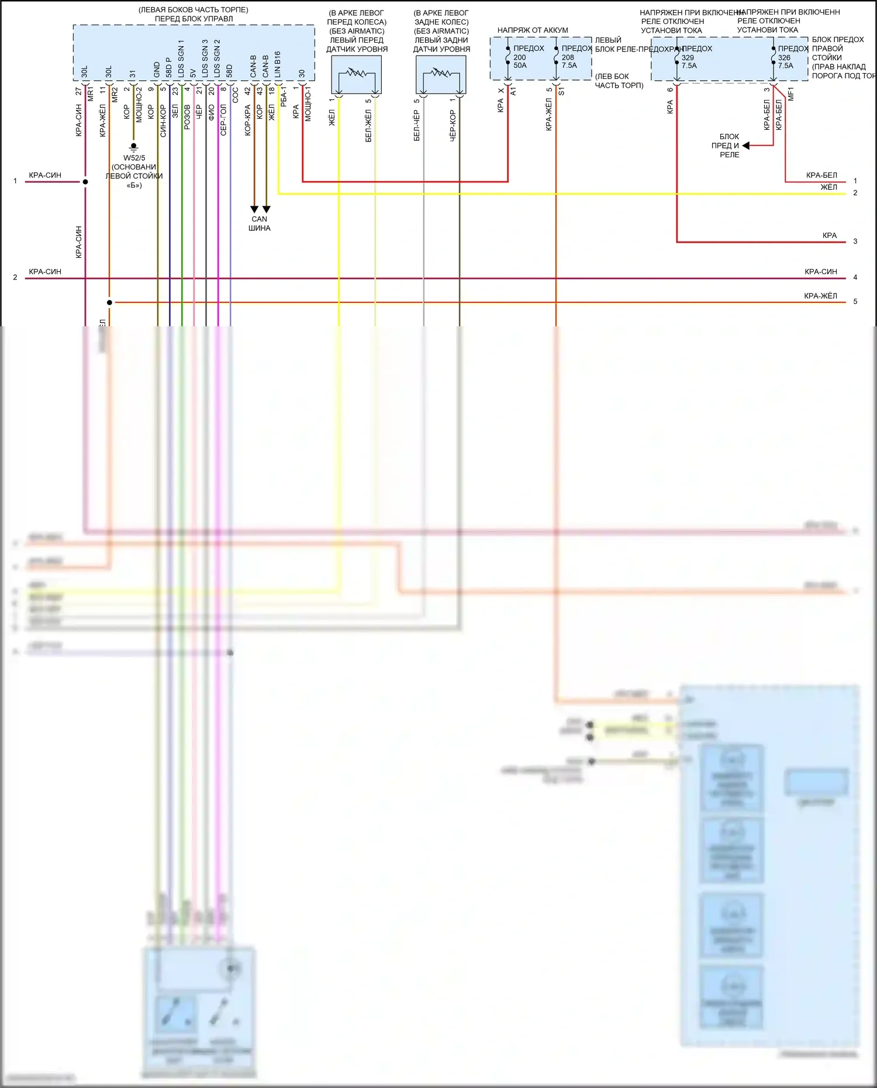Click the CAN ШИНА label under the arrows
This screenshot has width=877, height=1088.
(259, 223)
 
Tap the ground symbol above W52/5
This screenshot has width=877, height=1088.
(133, 147)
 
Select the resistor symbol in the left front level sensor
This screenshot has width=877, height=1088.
(356, 74)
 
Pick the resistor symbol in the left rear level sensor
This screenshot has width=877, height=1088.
(441, 74)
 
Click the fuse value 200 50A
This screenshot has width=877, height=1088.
(520, 61)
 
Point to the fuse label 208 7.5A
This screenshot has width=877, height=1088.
(568, 61)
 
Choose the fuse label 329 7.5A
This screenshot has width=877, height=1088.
(689, 61)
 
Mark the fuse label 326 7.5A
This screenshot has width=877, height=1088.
(785, 61)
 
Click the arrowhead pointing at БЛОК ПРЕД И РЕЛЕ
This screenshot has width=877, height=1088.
(745, 146)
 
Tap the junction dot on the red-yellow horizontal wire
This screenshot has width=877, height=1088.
(109, 302)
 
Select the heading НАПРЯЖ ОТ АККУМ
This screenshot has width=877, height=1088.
(532, 30)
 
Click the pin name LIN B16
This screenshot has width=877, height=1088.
(278, 64)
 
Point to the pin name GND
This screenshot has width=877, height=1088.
(157, 70)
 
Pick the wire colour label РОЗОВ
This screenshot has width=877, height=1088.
(187, 117)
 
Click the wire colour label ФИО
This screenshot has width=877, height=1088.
(211, 113)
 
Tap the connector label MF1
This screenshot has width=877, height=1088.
(790, 94)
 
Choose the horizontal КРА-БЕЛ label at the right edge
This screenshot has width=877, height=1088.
(821, 175)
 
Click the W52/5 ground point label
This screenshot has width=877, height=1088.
(134, 158)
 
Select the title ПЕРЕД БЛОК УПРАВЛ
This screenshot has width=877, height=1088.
(194, 19)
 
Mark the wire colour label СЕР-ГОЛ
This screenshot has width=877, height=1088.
(223, 120)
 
